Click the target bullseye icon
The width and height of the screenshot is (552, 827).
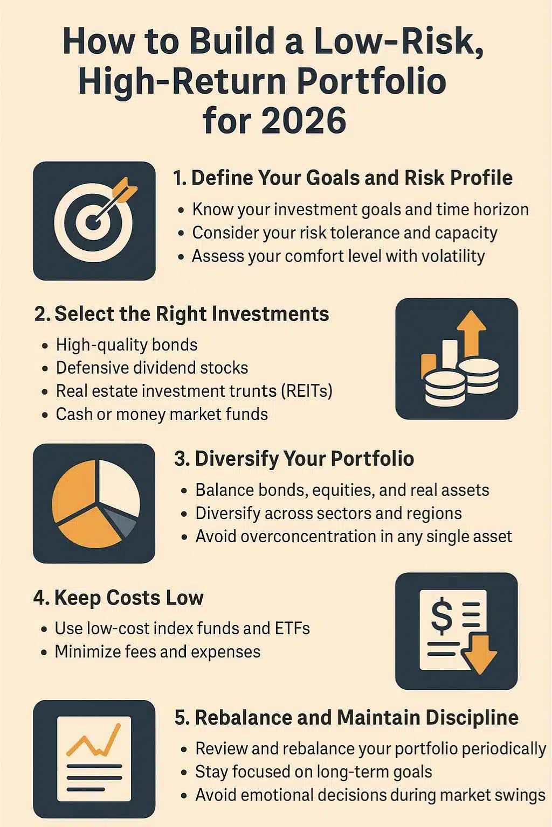(94, 221)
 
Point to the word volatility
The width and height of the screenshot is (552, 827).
(453, 256)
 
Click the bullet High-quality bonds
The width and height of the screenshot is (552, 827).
(127, 345)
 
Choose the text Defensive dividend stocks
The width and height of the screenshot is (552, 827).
(152, 368)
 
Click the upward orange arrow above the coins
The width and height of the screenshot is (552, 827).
(471, 331)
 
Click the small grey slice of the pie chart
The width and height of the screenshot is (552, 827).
(123, 521)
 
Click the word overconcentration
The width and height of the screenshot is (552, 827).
(291, 536)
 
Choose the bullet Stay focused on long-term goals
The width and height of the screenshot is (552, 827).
(313, 772)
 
